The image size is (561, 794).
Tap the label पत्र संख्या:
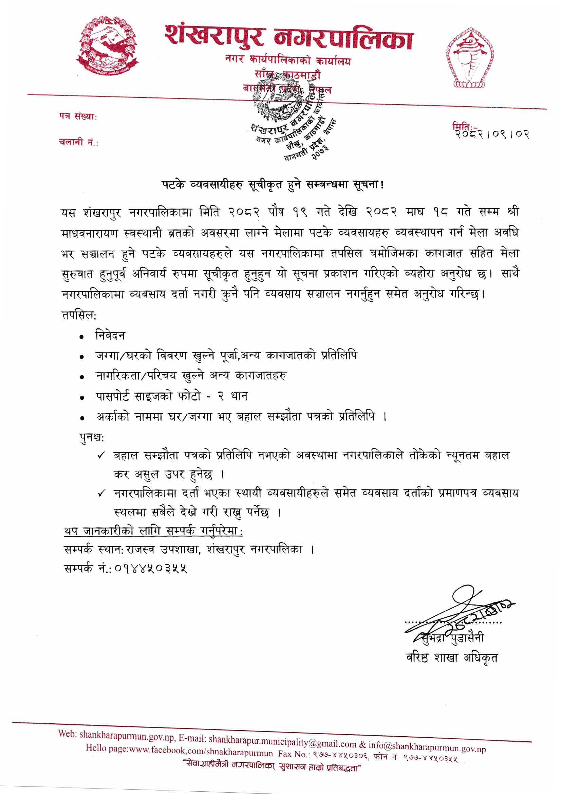(78, 116)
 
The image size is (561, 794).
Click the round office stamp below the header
(292, 118)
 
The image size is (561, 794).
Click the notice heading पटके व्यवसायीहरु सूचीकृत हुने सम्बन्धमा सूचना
(273, 185)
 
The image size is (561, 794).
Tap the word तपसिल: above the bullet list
(79, 315)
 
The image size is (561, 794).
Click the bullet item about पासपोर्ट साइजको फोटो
(172, 396)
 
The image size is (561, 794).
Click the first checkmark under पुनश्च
(101, 455)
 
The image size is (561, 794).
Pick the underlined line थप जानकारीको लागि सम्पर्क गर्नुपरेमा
(153, 531)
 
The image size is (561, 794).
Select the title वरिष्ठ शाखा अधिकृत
(452, 658)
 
